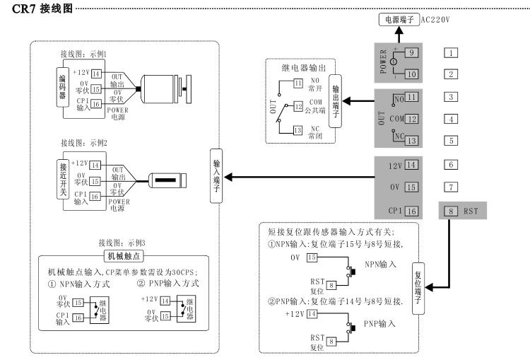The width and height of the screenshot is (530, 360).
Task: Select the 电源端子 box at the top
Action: [398, 20]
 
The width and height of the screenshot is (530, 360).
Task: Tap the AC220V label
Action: [436, 20]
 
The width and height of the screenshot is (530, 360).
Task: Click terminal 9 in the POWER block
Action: [411, 52]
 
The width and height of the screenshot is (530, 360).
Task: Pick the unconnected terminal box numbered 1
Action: [452, 52]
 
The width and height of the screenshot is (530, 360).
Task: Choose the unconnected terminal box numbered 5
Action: [452, 140]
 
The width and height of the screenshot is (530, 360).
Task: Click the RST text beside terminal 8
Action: [473, 210]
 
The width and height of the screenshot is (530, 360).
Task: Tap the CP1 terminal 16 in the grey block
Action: [411, 210]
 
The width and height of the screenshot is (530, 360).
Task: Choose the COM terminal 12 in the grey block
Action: [411, 118]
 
